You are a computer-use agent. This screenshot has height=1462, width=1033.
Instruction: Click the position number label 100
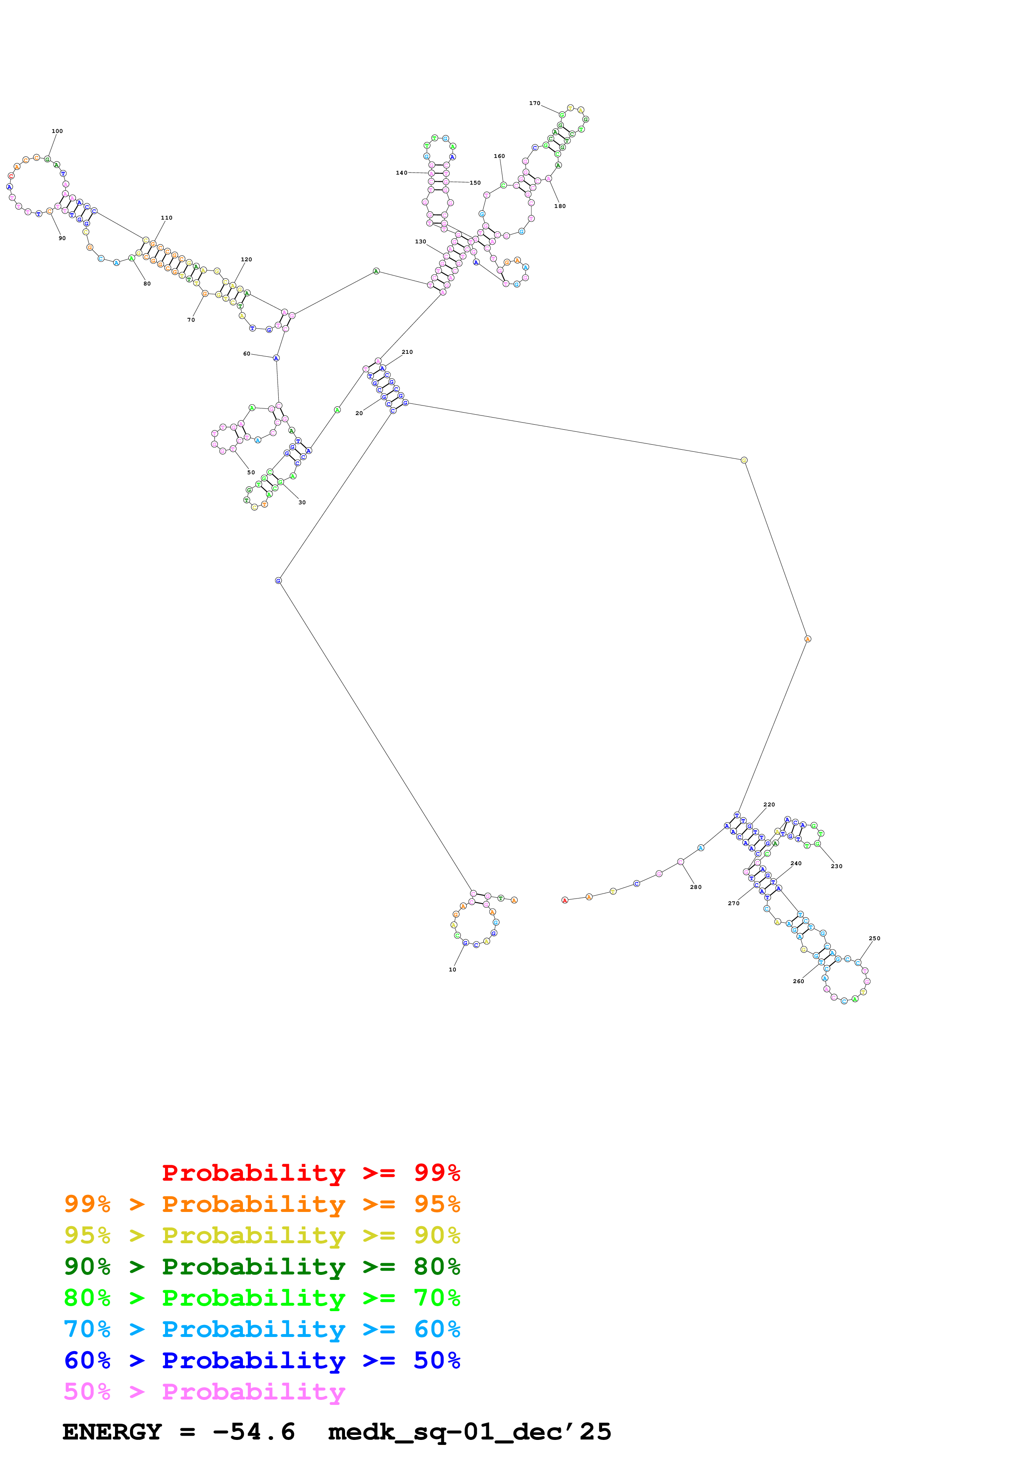(57, 131)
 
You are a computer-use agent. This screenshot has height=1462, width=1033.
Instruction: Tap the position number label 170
(535, 103)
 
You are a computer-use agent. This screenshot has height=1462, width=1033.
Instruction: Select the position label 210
(408, 352)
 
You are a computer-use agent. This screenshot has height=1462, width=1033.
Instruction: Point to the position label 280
(695, 887)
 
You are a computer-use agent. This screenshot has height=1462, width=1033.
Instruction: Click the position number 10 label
(453, 970)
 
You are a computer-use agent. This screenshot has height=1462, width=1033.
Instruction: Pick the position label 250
(875, 939)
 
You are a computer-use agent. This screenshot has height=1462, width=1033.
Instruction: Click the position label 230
(836, 866)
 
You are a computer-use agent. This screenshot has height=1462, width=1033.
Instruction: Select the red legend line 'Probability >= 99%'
(310, 1173)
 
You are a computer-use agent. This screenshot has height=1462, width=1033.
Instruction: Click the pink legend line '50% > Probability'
(204, 1392)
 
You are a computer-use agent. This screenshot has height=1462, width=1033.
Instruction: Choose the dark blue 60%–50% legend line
(262, 1361)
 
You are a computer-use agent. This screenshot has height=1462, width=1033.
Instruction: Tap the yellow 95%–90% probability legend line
(262, 1235)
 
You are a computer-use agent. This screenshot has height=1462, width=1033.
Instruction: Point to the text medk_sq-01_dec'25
(469, 1432)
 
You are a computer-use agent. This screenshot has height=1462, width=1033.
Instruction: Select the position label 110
(167, 218)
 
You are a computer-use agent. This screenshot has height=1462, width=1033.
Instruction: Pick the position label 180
(560, 206)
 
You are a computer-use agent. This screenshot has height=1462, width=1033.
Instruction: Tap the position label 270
(734, 904)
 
